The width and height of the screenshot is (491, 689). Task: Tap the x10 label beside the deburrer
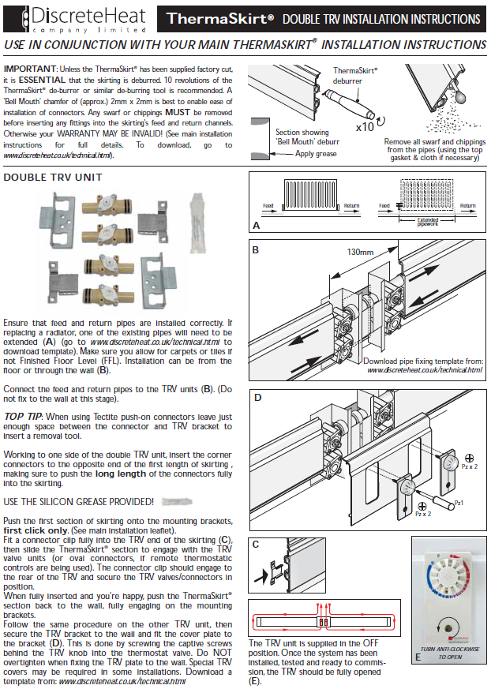pyautogui.click(x=365, y=125)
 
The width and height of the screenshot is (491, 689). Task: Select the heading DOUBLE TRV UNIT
pyautogui.click(x=53, y=178)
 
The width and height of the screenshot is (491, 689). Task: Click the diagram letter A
pyautogui.click(x=257, y=225)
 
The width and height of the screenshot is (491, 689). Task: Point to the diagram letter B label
pyautogui.click(x=257, y=250)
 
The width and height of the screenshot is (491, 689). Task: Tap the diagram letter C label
pyautogui.click(x=257, y=544)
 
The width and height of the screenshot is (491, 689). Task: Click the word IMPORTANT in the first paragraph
pyautogui.click(x=30, y=69)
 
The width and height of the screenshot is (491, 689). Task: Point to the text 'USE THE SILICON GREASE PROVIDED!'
pyautogui.click(x=77, y=501)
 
